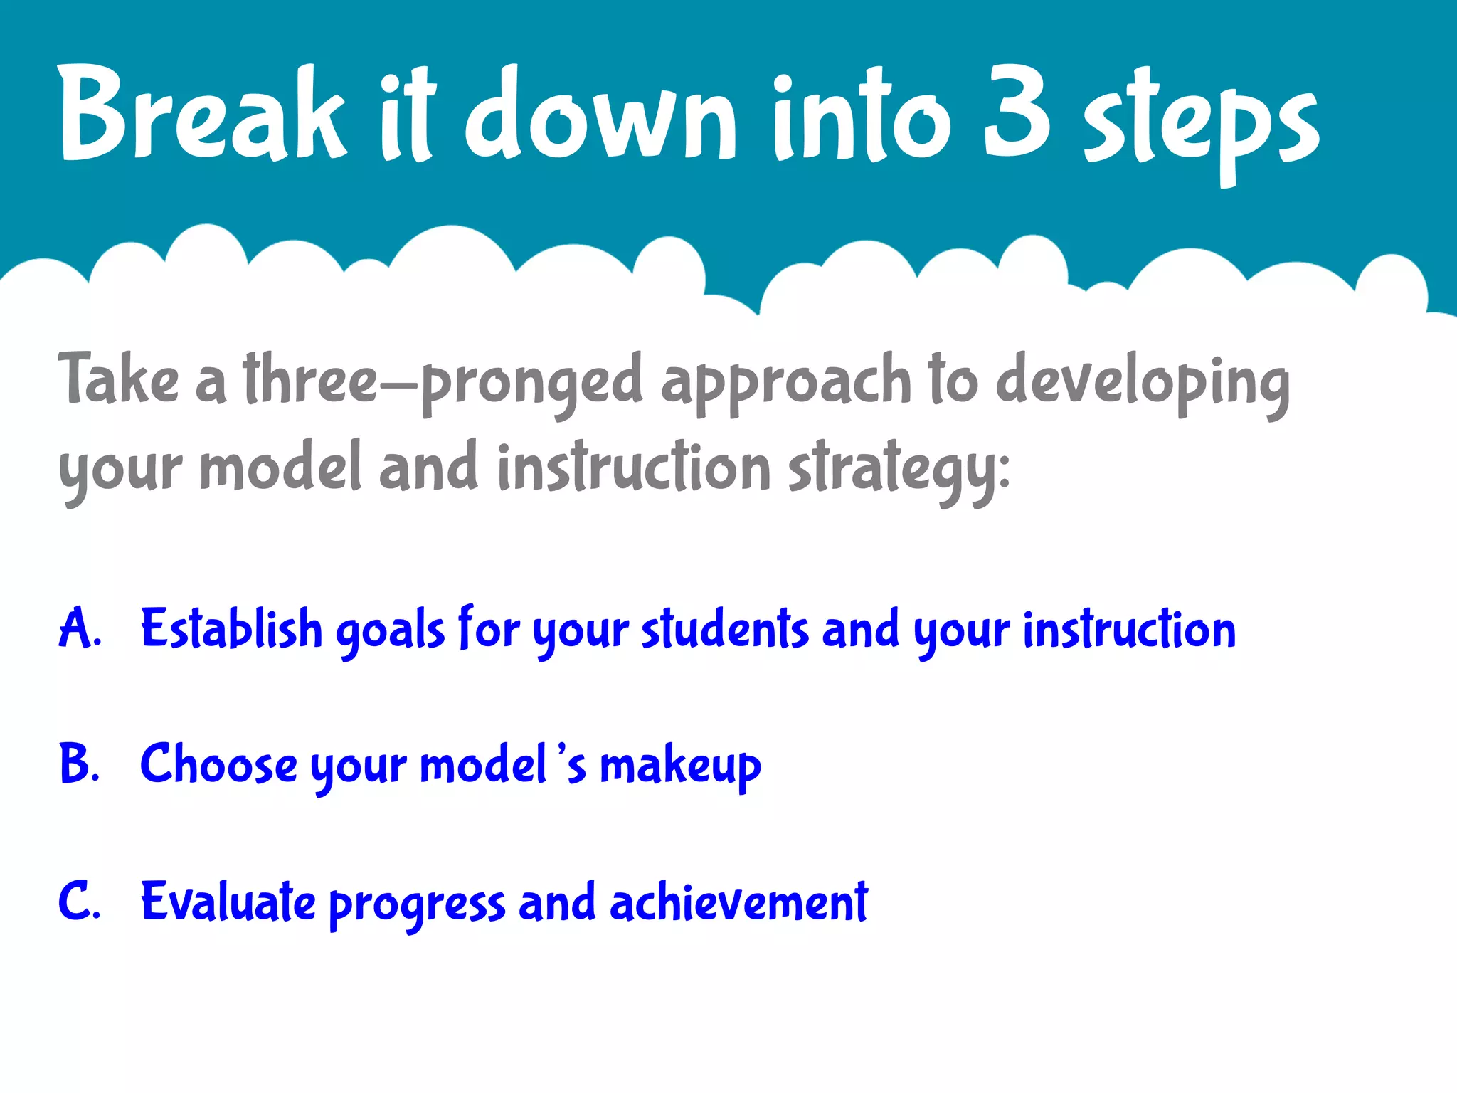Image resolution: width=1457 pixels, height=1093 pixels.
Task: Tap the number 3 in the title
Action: [x=1017, y=114]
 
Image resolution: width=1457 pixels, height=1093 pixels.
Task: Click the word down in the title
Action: [x=602, y=114]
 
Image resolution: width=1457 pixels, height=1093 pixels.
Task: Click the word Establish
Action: [x=231, y=629]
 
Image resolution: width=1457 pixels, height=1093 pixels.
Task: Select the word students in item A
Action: [x=725, y=629]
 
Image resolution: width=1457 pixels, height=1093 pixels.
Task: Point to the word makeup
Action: [x=680, y=767]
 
